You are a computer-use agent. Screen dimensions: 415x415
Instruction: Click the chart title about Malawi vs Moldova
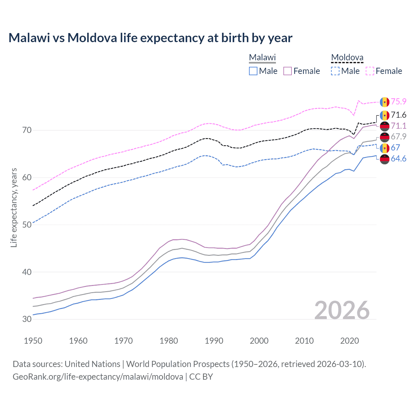click(x=150, y=38)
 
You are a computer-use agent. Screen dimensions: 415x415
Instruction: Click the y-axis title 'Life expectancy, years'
click(x=14, y=208)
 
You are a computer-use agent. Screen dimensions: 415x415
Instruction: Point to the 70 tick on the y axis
click(x=27, y=130)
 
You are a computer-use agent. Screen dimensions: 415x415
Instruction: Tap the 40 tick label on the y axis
click(x=27, y=272)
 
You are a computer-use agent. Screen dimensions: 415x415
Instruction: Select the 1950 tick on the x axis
click(x=33, y=341)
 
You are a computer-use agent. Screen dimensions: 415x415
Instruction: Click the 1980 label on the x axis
click(x=169, y=341)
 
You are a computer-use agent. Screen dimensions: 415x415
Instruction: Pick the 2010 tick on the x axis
click(x=304, y=341)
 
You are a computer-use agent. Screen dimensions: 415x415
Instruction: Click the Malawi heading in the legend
click(x=262, y=57)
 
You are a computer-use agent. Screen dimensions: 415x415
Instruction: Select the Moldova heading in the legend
click(x=347, y=57)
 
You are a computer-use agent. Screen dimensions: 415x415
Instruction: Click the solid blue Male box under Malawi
click(x=253, y=71)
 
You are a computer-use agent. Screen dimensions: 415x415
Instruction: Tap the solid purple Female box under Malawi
click(x=288, y=71)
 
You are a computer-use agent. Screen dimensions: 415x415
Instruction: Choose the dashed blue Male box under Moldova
click(x=335, y=71)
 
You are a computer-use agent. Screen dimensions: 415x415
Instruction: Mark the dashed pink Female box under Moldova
click(x=370, y=71)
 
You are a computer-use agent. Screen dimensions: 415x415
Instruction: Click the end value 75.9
click(x=398, y=101)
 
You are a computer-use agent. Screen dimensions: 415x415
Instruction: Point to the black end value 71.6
click(x=398, y=115)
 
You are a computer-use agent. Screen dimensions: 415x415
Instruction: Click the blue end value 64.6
click(x=398, y=159)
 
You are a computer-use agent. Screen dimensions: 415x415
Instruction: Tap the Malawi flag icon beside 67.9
click(x=385, y=137)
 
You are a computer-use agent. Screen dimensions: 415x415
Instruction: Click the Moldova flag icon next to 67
click(x=385, y=148)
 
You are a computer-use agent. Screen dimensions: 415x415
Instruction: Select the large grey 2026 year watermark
click(x=342, y=310)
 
